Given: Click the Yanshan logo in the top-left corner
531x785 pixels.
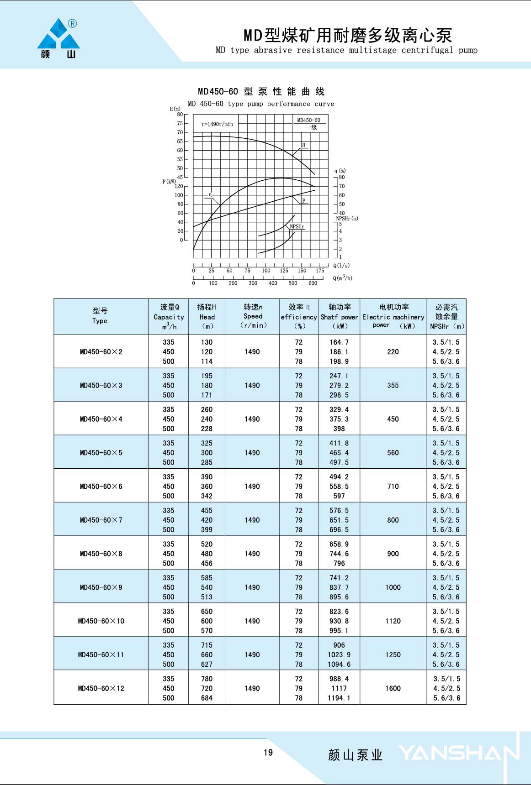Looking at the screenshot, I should tap(58, 39).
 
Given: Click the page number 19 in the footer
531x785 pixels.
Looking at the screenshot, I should tap(268, 752).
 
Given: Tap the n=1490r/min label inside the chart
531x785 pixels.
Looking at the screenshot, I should tap(218, 124).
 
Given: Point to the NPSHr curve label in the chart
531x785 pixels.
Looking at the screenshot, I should tap(297, 226).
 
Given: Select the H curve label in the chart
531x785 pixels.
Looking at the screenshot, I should tap(303, 145).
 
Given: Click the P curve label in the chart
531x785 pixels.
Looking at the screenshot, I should tap(303, 200).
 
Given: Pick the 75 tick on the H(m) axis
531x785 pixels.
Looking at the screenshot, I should tap(180, 123).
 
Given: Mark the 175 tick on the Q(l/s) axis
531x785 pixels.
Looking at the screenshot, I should tap(320, 271).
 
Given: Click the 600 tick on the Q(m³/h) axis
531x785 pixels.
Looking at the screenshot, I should tap(313, 283).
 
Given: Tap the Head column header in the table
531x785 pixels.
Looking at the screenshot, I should tap(207, 317).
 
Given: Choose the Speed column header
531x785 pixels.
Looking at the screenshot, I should tap(253, 316).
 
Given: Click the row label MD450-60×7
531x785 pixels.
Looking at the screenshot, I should tap(101, 520).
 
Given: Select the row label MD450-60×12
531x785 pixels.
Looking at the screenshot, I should tap(101, 688).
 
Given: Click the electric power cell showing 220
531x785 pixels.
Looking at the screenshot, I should tap(393, 352).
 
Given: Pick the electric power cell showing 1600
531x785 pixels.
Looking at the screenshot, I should tap(393, 688).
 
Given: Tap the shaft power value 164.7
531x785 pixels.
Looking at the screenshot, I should tap(339, 342).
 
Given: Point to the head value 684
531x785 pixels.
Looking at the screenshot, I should tap(207, 698).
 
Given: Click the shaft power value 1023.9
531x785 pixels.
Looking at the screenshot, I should tap(339, 654).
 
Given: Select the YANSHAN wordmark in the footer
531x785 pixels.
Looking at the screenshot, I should tap(459, 753).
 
